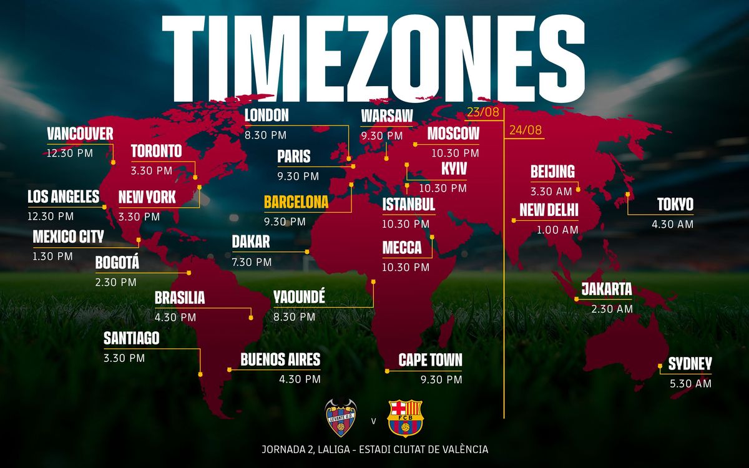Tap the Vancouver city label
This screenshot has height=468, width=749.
[x=80, y=134]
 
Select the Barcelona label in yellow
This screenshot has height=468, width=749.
[x=296, y=203]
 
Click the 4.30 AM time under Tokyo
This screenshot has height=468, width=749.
[x=672, y=224]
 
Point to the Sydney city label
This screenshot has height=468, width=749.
[x=690, y=364]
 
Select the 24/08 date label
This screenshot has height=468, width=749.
[x=526, y=130]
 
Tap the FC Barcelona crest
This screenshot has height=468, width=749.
[x=405, y=418]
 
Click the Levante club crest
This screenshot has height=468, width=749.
[x=341, y=418]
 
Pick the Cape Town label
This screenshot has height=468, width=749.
[x=431, y=360]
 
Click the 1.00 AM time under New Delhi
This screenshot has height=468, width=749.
[x=557, y=230]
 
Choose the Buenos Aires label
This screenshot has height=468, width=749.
[x=280, y=359]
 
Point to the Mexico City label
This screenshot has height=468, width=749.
[x=68, y=237]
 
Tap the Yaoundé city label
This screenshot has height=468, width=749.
[x=299, y=298]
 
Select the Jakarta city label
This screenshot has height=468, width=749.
[x=607, y=290]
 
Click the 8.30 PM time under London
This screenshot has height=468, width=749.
[x=265, y=135]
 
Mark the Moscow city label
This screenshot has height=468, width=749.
[x=453, y=134]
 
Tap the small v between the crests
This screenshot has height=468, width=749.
[x=373, y=421]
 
